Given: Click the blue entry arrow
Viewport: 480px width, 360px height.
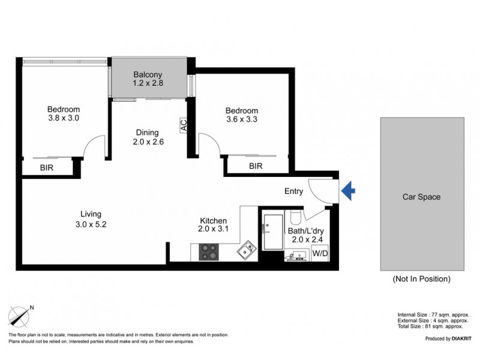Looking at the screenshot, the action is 349,191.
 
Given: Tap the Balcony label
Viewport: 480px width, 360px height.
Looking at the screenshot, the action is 148,74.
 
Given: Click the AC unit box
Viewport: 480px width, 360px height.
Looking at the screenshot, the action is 184,125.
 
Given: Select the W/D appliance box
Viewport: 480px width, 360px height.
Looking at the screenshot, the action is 320,253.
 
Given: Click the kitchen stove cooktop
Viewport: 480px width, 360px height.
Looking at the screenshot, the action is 209,252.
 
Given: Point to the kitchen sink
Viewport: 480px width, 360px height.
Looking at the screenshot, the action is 247,250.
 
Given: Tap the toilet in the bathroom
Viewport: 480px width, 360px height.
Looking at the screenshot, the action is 296,217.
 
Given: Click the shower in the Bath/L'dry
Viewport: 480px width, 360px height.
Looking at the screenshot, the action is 273,232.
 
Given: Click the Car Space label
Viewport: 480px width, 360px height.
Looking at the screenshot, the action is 422,197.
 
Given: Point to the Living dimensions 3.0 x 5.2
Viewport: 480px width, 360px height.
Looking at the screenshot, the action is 91,224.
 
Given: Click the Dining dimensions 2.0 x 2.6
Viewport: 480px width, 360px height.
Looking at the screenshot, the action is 148,142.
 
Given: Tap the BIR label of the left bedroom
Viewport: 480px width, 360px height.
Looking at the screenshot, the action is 47,167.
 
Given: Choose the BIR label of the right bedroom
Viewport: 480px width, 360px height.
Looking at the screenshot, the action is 256,166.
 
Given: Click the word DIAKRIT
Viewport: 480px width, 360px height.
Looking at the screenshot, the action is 461,338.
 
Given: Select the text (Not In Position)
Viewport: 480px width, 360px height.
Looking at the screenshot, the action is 422,279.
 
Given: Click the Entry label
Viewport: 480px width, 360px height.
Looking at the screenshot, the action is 293,191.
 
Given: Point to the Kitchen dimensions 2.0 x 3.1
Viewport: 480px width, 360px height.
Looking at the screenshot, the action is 213,229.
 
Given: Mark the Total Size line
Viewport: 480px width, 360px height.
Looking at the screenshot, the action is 430,326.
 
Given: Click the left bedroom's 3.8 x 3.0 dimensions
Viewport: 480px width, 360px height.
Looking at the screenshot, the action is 64,118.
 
